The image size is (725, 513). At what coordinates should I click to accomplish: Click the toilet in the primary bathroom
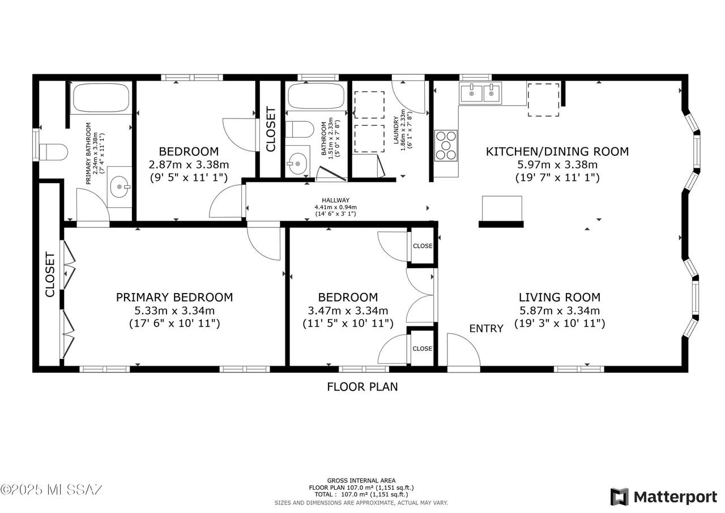coord(53,152)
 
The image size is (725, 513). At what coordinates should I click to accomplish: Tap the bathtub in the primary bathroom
coord(101,98)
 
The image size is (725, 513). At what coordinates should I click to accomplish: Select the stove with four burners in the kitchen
coord(446,146)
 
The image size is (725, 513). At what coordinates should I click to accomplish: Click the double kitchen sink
coord(480,94)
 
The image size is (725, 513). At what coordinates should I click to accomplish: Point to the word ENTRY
coord(486,329)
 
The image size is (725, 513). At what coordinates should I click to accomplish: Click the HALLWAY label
coord(336,201)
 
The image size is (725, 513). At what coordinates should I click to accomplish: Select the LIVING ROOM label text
coord(560,297)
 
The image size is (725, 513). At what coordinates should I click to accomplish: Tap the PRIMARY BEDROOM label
coord(174,297)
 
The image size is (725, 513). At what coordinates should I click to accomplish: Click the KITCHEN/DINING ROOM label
coord(557,151)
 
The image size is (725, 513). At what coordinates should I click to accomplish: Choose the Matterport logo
coord(664,497)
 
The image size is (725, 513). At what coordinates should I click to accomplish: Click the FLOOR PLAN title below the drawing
coord(362,387)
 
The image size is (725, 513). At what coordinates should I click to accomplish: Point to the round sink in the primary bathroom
coord(120,187)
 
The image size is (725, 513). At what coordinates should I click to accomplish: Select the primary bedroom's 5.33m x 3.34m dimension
coord(174,311)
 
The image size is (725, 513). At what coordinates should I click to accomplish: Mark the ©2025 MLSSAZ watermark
coord(52,490)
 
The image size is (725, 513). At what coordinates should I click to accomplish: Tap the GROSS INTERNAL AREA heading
coord(361,481)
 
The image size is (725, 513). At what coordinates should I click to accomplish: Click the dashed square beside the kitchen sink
coord(543,100)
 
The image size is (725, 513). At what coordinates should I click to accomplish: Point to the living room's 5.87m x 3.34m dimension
coord(560,311)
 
